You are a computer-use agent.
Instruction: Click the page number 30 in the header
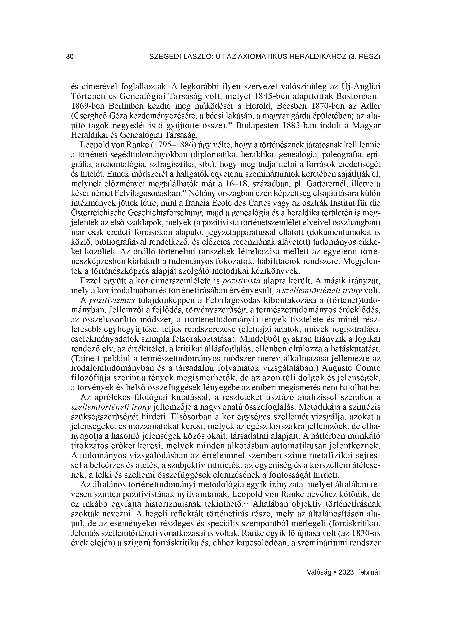(70, 57)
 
